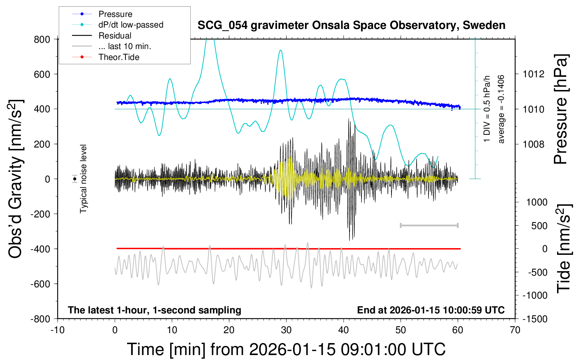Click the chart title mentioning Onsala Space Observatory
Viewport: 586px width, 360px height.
351,25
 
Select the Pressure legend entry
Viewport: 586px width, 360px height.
115,14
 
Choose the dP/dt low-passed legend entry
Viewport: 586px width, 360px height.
131,25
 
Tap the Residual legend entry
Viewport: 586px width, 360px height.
115,36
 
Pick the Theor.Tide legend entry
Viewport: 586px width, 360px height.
119,57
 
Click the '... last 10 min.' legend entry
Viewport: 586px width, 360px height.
125,46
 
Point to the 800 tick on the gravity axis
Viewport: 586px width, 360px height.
42,39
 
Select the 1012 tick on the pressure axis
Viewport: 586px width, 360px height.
533,74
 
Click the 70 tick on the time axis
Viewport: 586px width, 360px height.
515,330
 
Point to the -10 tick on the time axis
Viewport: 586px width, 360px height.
57,330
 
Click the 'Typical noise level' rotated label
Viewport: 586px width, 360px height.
83,179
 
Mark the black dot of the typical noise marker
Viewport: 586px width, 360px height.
75,179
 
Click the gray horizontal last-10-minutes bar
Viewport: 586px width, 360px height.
429,225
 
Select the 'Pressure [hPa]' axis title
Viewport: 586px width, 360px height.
561,109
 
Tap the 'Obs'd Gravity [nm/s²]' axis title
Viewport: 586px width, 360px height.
16,179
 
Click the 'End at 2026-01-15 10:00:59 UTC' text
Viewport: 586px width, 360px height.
431,310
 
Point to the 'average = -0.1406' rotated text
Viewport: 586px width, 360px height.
501,109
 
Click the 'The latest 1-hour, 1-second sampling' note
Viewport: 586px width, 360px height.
155,310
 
